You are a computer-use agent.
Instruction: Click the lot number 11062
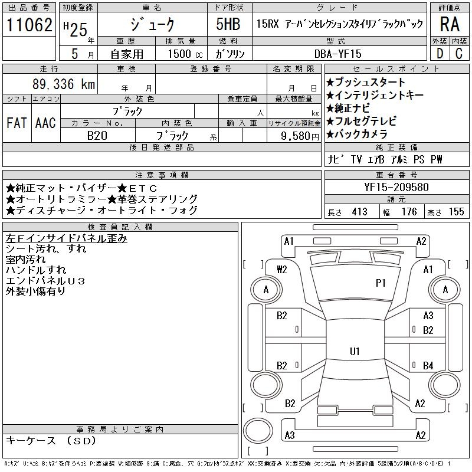(x=29, y=25)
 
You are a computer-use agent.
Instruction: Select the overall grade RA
(x=449, y=25)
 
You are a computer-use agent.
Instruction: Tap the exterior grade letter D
(x=439, y=53)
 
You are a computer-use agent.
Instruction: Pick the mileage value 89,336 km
(x=64, y=84)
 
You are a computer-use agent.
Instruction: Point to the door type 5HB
(x=228, y=25)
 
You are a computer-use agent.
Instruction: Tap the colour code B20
(x=98, y=136)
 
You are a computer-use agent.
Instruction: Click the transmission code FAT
(x=17, y=123)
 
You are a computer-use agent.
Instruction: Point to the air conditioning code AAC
(x=45, y=123)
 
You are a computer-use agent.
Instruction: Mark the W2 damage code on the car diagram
(x=281, y=270)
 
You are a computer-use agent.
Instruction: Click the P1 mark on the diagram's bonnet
(x=380, y=283)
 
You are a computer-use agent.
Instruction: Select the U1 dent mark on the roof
(x=355, y=352)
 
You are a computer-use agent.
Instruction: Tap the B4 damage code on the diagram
(x=428, y=366)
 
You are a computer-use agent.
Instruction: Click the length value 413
(x=359, y=212)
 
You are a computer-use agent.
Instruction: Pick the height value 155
(x=456, y=212)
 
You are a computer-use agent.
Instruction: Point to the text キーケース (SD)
(x=50, y=441)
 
